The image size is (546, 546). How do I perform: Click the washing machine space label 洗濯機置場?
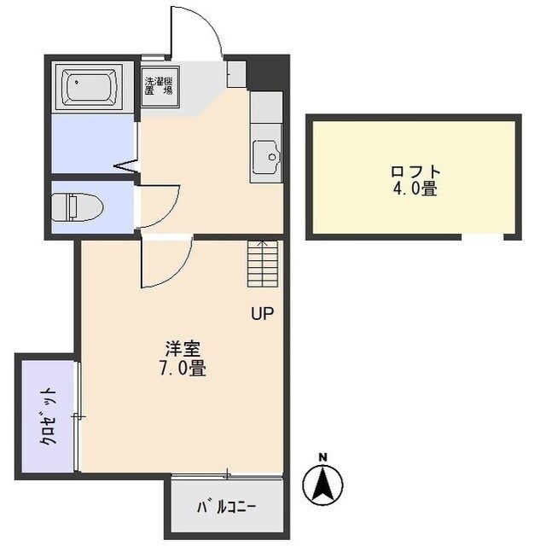(x=160, y=86)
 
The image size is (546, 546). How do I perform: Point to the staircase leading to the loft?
(x=262, y=265)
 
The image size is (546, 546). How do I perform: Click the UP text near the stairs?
(x=262, y=314)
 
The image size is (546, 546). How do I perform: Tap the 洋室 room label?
(x=183, y=350)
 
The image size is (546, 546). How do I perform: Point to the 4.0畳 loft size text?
(x=415, y=189)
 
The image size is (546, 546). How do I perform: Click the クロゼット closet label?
(x=49, y=415)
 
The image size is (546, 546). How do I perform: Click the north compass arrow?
(x=322, y=485)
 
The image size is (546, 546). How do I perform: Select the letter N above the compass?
(x=322, y=457)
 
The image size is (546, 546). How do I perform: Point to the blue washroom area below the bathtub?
(x=92, y=143)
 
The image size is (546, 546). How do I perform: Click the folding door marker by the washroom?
(x=126, y=165)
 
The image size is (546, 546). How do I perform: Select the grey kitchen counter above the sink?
(x=265, y=108)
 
